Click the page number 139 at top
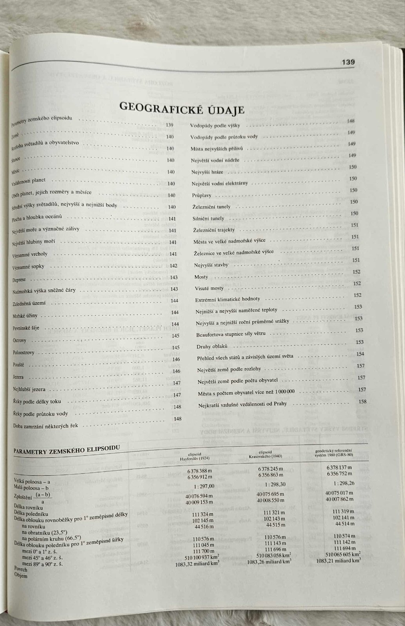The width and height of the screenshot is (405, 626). pos(348,62)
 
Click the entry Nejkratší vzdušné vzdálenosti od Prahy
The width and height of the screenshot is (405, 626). pos(242,404)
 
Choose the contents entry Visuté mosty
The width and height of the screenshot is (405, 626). pos(209,288)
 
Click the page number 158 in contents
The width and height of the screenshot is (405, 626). pos(362,401)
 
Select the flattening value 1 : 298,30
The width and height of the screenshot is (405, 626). pos(271,484)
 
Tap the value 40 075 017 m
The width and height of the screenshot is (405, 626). pos(339,493)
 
